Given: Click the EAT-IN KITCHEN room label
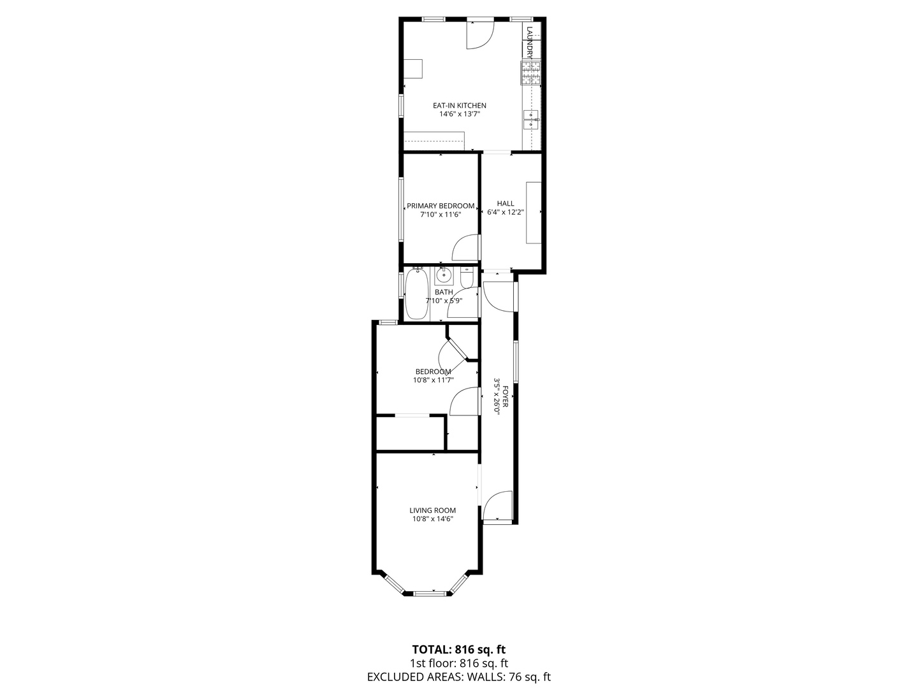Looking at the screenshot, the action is [459, 106].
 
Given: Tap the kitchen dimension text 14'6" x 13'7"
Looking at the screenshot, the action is [459, 114].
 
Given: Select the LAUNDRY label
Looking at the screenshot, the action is [530, 43].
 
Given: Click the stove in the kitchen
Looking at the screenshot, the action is [531, 73].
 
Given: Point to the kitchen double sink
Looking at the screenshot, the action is [531, 120].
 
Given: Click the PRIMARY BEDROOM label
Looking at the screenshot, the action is [441, 206].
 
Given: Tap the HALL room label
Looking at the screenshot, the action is [505, 203].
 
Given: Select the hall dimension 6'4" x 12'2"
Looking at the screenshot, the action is [505, 212].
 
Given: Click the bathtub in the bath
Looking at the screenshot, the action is [416, 295].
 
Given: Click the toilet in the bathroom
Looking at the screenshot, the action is [467, 276].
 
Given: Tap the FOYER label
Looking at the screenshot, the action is [506, 397].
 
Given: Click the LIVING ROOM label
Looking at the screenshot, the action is [432, 510].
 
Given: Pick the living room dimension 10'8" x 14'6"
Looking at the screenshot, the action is [432, 519].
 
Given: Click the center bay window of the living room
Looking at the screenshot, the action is [430, 592].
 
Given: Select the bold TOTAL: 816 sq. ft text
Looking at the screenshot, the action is [459, 650].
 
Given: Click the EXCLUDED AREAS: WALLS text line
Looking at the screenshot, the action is [459, 677].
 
